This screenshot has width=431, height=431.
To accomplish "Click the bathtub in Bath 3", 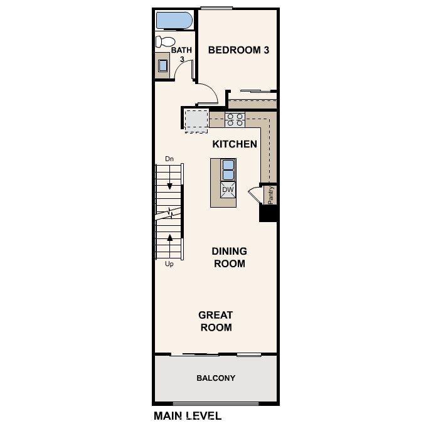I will pos(174,21).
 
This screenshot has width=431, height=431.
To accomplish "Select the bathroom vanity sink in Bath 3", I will pos(163,65).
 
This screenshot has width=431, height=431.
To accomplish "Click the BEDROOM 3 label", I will pos(238,50).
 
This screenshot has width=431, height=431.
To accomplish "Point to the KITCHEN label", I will pos(235,144).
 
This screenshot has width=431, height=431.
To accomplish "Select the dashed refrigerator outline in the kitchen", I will pos(196,119).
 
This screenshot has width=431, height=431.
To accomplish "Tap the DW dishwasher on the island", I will pos(228,189).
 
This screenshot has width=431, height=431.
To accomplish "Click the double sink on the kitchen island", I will pos(228,169).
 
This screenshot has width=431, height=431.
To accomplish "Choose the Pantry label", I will pos(271,194).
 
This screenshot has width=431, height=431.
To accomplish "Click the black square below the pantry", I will pos(269,213).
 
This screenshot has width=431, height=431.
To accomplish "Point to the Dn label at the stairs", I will pos(169,159).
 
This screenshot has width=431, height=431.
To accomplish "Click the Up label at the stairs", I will pos(169,264).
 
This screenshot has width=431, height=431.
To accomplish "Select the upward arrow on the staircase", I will pos(169,238).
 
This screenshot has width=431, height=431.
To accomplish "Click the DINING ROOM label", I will pos(229,257).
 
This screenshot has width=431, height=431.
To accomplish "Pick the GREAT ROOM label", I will pos(216,321).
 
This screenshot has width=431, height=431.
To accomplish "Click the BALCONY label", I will pos(216,378).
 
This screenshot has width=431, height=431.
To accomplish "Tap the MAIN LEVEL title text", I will pos(187,416).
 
